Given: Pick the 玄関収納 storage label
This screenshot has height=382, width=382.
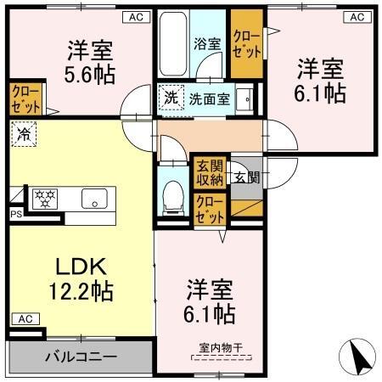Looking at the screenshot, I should (210, 172).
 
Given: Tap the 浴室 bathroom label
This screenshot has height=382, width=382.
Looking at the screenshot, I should (208, 43).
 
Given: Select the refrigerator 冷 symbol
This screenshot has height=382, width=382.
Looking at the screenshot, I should (24, 134).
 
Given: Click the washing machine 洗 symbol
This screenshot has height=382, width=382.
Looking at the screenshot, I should (171, 98).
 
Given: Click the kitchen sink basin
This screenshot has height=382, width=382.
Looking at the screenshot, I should (92, 199).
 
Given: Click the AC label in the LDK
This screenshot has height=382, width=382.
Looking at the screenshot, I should (25, 319).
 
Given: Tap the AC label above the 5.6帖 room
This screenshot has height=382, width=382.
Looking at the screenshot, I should (135, 15).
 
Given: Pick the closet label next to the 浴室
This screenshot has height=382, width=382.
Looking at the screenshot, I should (247, 42).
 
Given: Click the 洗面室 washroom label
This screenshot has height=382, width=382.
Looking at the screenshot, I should (209, 98).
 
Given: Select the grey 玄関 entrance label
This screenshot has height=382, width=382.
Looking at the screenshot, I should (247, 177).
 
